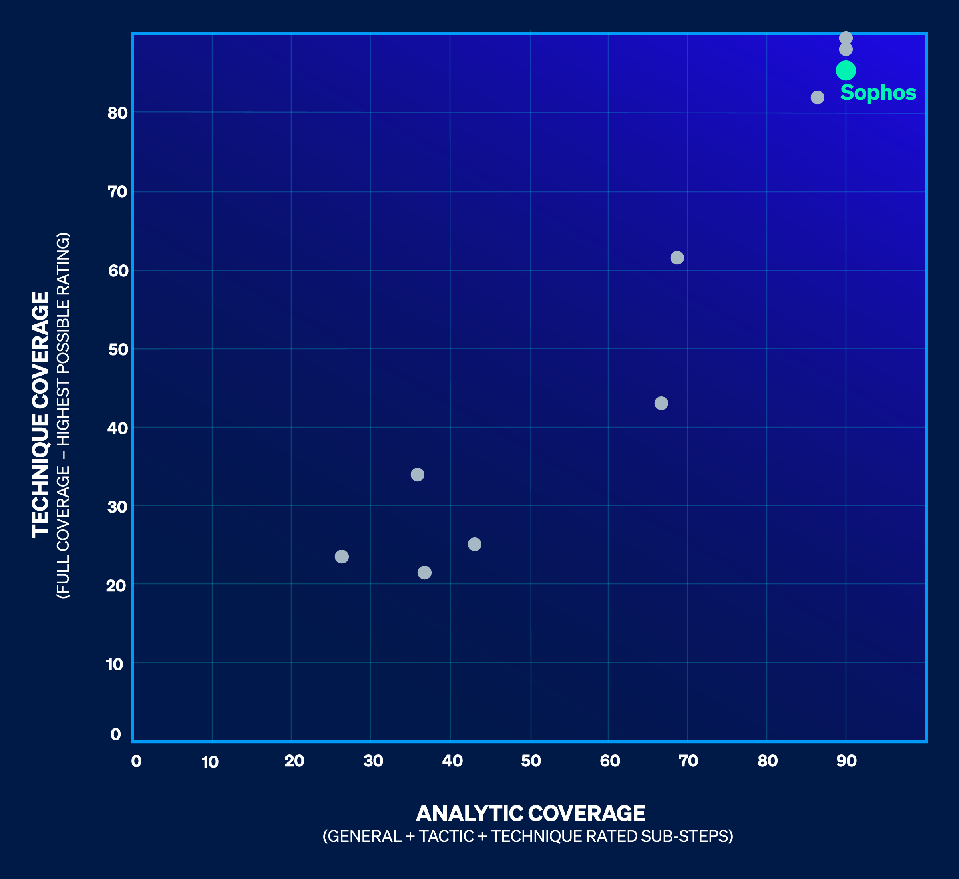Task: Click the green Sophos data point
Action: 845,70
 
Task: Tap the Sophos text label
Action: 877,93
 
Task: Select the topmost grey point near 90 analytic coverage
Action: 845,38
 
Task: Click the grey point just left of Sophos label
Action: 817,97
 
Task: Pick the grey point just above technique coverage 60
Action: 676,257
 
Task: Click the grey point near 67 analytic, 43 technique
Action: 661,403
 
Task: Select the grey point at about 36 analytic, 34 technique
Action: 417,474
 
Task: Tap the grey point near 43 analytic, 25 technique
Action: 474,544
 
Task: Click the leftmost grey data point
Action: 342,556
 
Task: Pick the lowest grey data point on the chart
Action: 424,572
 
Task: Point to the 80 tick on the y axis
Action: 117,113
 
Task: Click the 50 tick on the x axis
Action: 531,761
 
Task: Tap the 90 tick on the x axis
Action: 846,761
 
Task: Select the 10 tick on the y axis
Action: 115,664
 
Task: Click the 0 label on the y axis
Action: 115,734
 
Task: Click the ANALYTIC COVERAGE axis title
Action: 530,813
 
